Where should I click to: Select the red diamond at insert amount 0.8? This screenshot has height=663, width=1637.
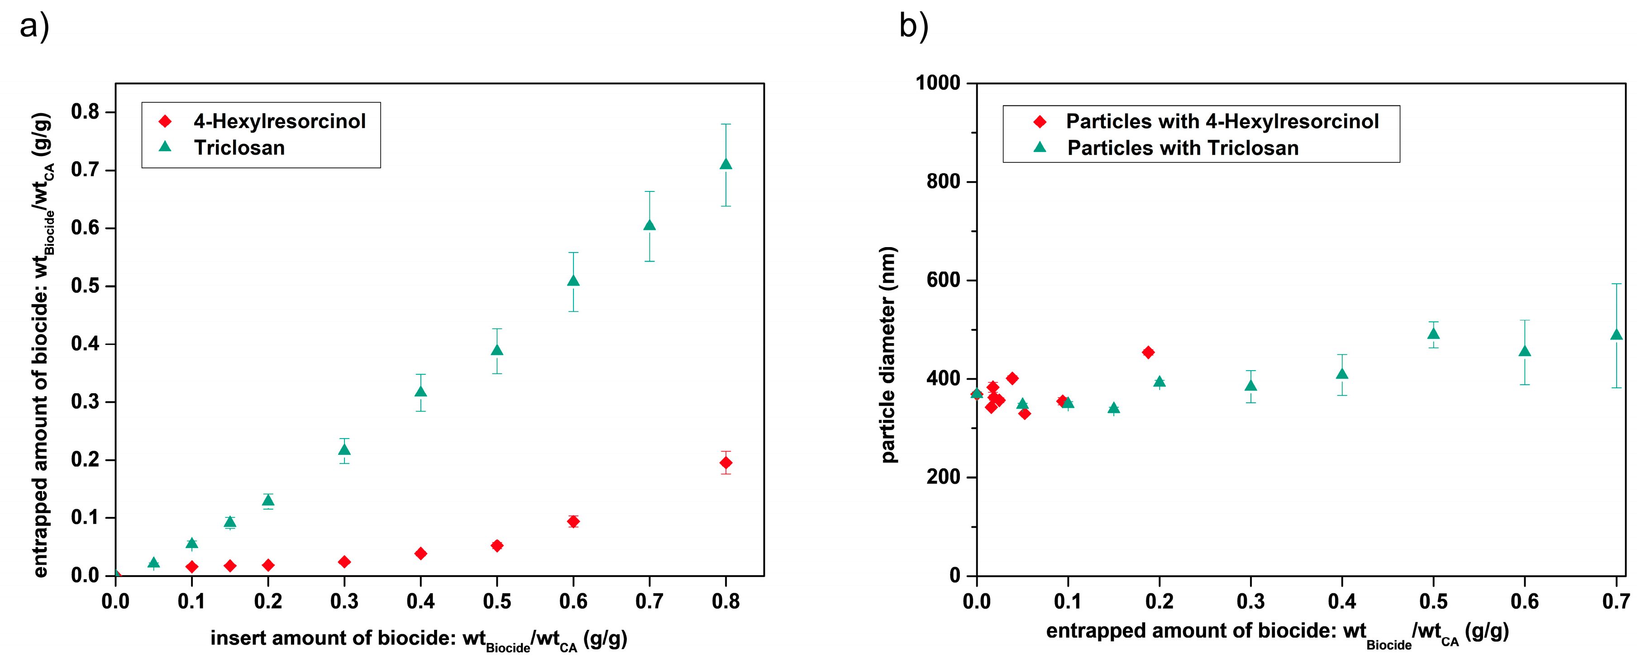[725, 463]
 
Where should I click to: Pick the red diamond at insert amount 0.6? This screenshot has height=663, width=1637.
[573, 521]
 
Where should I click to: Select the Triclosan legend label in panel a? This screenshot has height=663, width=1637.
[239, 148]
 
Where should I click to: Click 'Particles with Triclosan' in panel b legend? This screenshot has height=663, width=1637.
[1183, 148]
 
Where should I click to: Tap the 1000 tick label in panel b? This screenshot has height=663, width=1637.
[937, 83]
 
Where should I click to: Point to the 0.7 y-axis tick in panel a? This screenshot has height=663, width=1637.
[85, 170]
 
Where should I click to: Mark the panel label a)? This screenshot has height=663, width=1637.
[34, 27]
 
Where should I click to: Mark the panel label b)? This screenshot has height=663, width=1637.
[914, 27]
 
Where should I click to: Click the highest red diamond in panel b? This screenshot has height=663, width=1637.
[1148, 352]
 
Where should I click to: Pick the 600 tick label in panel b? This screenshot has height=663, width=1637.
[943, 280]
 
